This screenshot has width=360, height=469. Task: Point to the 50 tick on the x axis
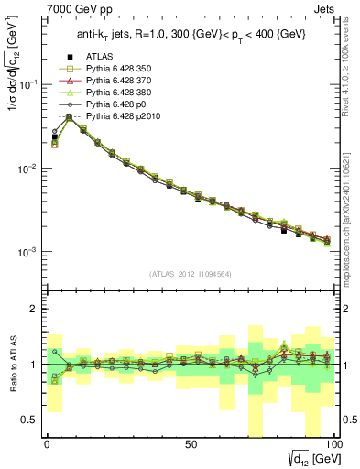pyautogui.click(x=190, y=442)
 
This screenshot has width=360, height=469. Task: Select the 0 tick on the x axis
pyautogui.click(x=47, y=442)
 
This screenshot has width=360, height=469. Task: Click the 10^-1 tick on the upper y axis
pyautogui.click(x=29, y=84)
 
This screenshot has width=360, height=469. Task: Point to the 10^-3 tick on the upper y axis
pyautogui.click(x=29, y=252)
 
